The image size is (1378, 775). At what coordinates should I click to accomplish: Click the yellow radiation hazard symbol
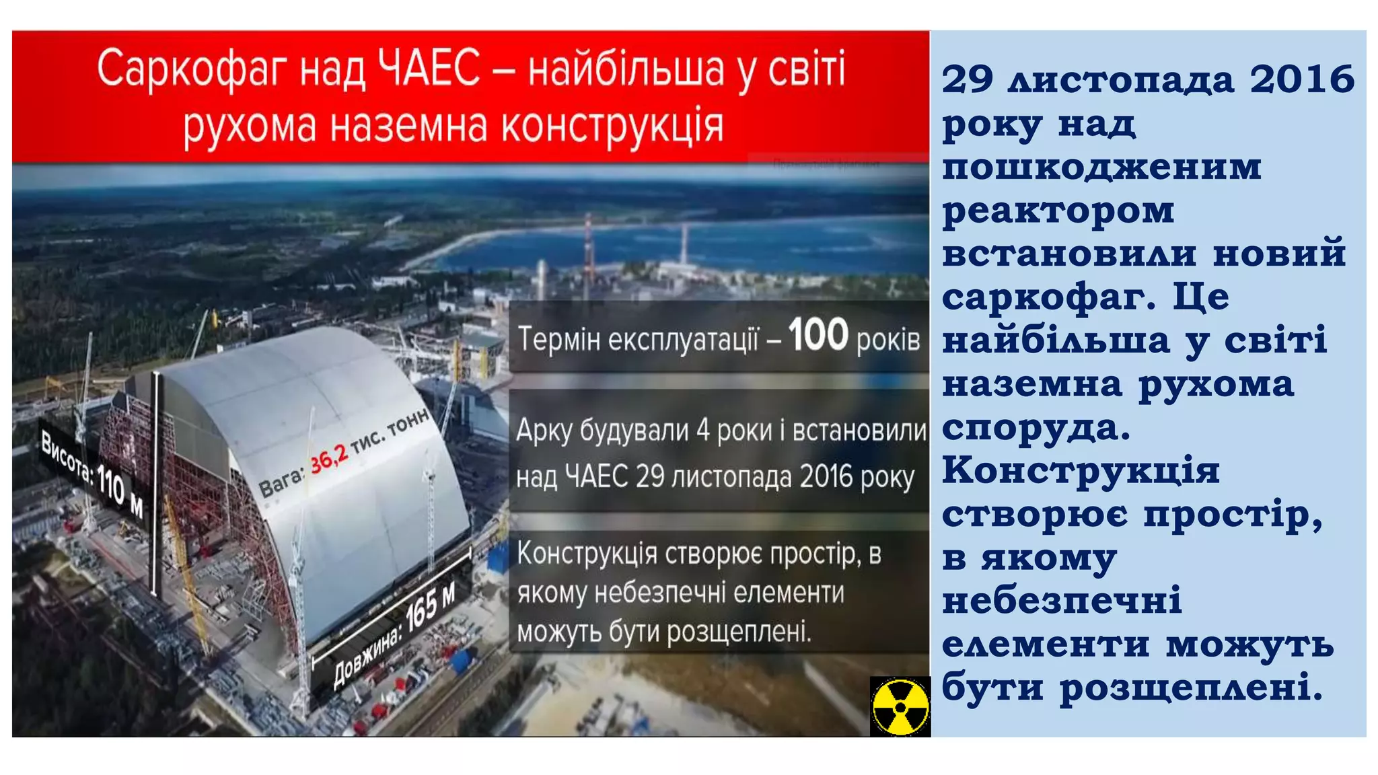pyautogui.click(x=900, y=707)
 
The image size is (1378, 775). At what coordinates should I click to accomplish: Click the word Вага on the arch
pyautogui.click(x=282, y=481)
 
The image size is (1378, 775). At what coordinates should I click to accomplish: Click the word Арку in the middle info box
pyautogui.click(x=544, y=431)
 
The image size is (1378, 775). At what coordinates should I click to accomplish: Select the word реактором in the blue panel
pyautogui.click(x=1058, y=211)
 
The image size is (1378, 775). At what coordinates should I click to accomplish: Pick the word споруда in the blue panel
pyautogui.click(x=1036, y=428)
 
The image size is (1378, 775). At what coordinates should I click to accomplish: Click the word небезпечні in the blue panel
pyautogui.click(x=1062, y=600)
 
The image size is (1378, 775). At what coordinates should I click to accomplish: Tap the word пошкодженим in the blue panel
pyautogui.click(x=1101, y=166)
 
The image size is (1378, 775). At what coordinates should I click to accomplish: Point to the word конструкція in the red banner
pyautogui.click(x=612, y=126)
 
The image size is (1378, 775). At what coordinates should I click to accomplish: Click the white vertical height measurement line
pyautogui.click(x=156, y=484)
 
